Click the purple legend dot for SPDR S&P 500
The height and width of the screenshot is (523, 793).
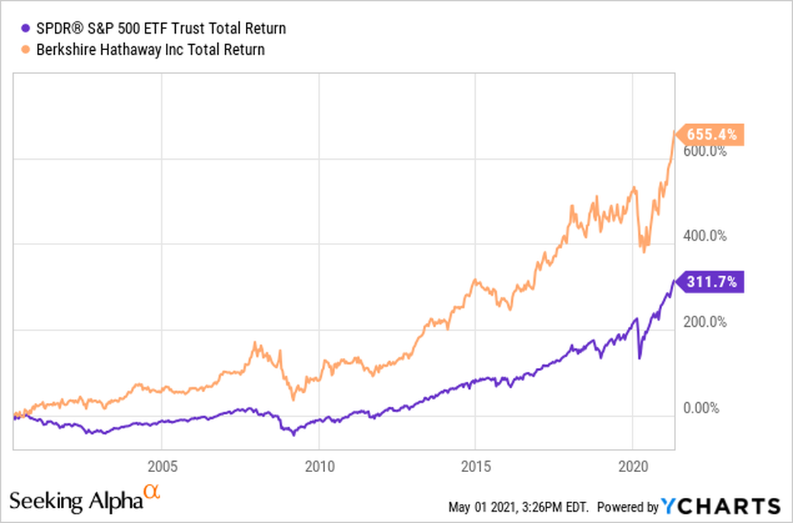pyautogui.click(x=26, y=28)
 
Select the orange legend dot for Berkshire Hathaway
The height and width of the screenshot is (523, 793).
pyautogui.click(x=26, y=49)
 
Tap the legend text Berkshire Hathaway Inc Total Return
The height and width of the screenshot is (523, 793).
pyautogui.click(x=150, y=49)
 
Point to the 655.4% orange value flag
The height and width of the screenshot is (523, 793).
pyautogui.click(x=712, y=135)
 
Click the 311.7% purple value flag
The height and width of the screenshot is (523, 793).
pyautogui.click(x=712, y=282)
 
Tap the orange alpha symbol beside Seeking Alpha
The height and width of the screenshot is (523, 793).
pyautogui.click(x=153, y=493)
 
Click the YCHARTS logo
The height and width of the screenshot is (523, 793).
pyautogui.click(x=721, y=506)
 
